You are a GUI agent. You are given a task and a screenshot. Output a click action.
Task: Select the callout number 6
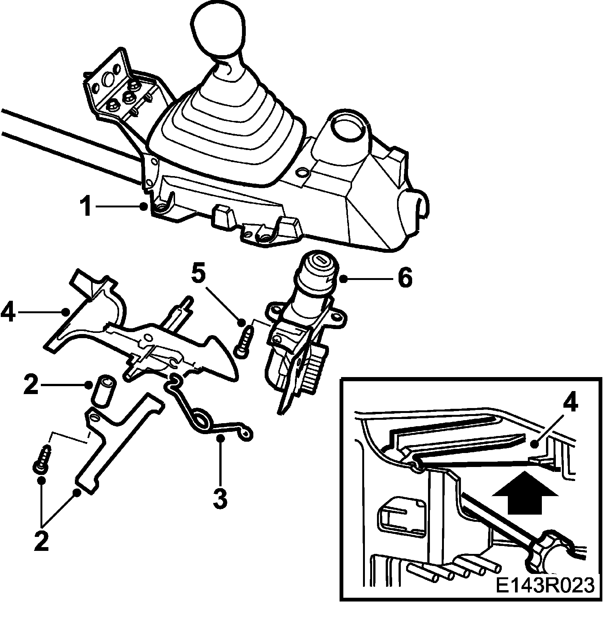[405, 279]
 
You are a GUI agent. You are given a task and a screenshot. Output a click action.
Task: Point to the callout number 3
[220, 497]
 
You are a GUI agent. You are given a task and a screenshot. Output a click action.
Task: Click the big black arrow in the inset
[526, 492]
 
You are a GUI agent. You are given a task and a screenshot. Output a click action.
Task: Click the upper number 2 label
[31, 385]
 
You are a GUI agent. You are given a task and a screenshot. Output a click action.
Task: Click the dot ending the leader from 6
[343, 279]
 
